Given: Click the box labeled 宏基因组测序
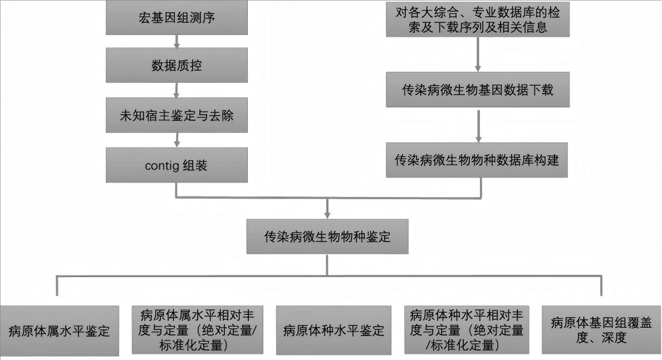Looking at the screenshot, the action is click(176, 17).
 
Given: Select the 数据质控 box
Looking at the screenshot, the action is click(176, 65).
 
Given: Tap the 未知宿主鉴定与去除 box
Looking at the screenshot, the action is click(176, 115).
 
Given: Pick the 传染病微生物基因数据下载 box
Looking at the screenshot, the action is click(478, 90).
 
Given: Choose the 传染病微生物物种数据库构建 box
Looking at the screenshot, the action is click(477, 160).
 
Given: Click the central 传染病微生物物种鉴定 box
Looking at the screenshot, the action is click(327, 236).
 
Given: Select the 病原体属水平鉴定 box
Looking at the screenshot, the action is click(60, 331).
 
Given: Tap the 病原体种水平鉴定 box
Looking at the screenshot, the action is click(334, 330).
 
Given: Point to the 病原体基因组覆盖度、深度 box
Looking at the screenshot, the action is click(601, 330).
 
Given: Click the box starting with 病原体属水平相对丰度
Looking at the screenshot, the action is click(197, 330).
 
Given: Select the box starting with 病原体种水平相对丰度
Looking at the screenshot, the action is click(467, 330).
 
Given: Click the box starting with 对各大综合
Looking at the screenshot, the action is click(478, 19).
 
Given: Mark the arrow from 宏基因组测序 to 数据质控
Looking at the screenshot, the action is click(176, 41).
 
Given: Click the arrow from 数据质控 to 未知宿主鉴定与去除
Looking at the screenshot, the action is click(176, 90).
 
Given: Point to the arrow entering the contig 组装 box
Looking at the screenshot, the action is click(176, 140).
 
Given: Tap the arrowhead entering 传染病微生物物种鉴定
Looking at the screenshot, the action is click(327, 215).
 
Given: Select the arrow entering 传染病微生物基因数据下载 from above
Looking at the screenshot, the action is click(478, 55).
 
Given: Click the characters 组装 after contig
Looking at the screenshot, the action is click(195, 166).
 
